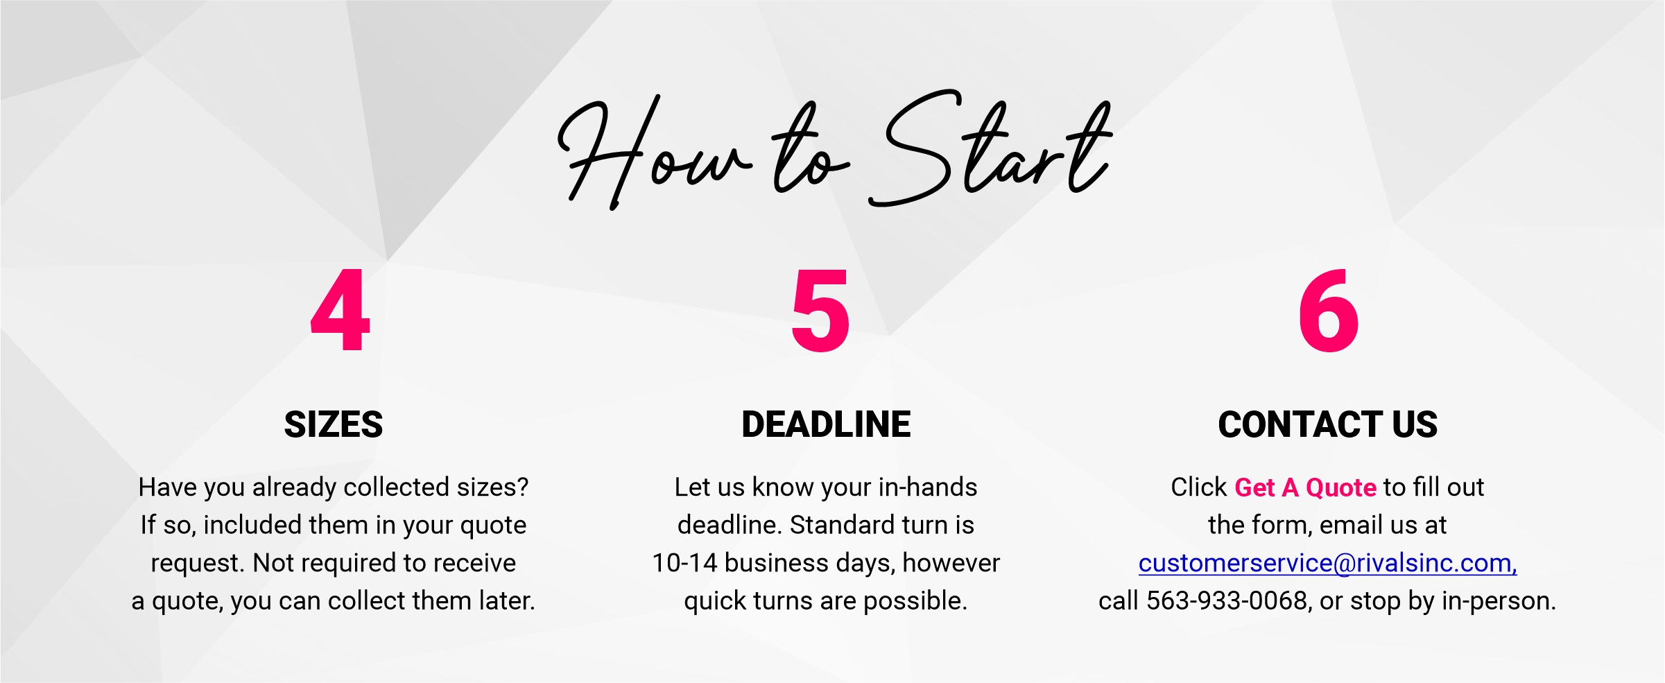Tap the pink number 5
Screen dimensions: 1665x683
pyautogui.click(x=820, y=310)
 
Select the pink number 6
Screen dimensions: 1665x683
pyautogui.click(x=1328, y=310)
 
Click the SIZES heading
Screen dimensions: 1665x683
pyautogui.click(x=334, y=424)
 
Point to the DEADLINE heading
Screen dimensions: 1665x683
pyautogui.click(x=826, y=424)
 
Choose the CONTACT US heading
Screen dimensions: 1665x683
pyautogui.click(x=1327, y=424)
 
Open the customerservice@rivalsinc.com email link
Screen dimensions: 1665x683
pyautogui.click(x=1327, y=563)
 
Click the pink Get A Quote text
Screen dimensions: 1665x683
pyautogui.click(x=1305, y=487)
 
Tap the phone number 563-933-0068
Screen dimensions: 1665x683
pyautogui.click(x=1226, y=600)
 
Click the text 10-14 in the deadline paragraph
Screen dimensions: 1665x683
pyautogui.click(x=684, y=563)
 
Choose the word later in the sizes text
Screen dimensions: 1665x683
pyautogui.click(x=507, y=600)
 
